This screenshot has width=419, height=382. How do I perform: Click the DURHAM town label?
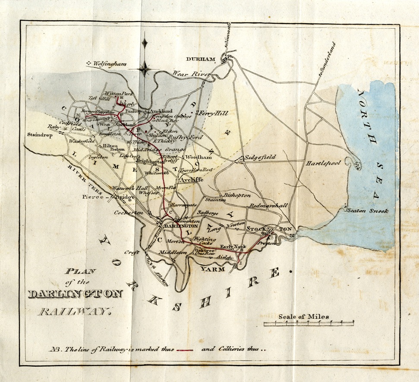pyautogui.click(x=200, y=59)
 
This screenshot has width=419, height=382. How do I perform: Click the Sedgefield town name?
pyautogui.click(x=260, y=158)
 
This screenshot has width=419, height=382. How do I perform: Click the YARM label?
pyautogui.click(x=213, y=269)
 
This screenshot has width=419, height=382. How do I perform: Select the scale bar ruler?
pyautogui.click(x=309, y=323)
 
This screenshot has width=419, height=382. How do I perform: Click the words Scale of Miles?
pyautogui.click(x=303, y=316)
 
